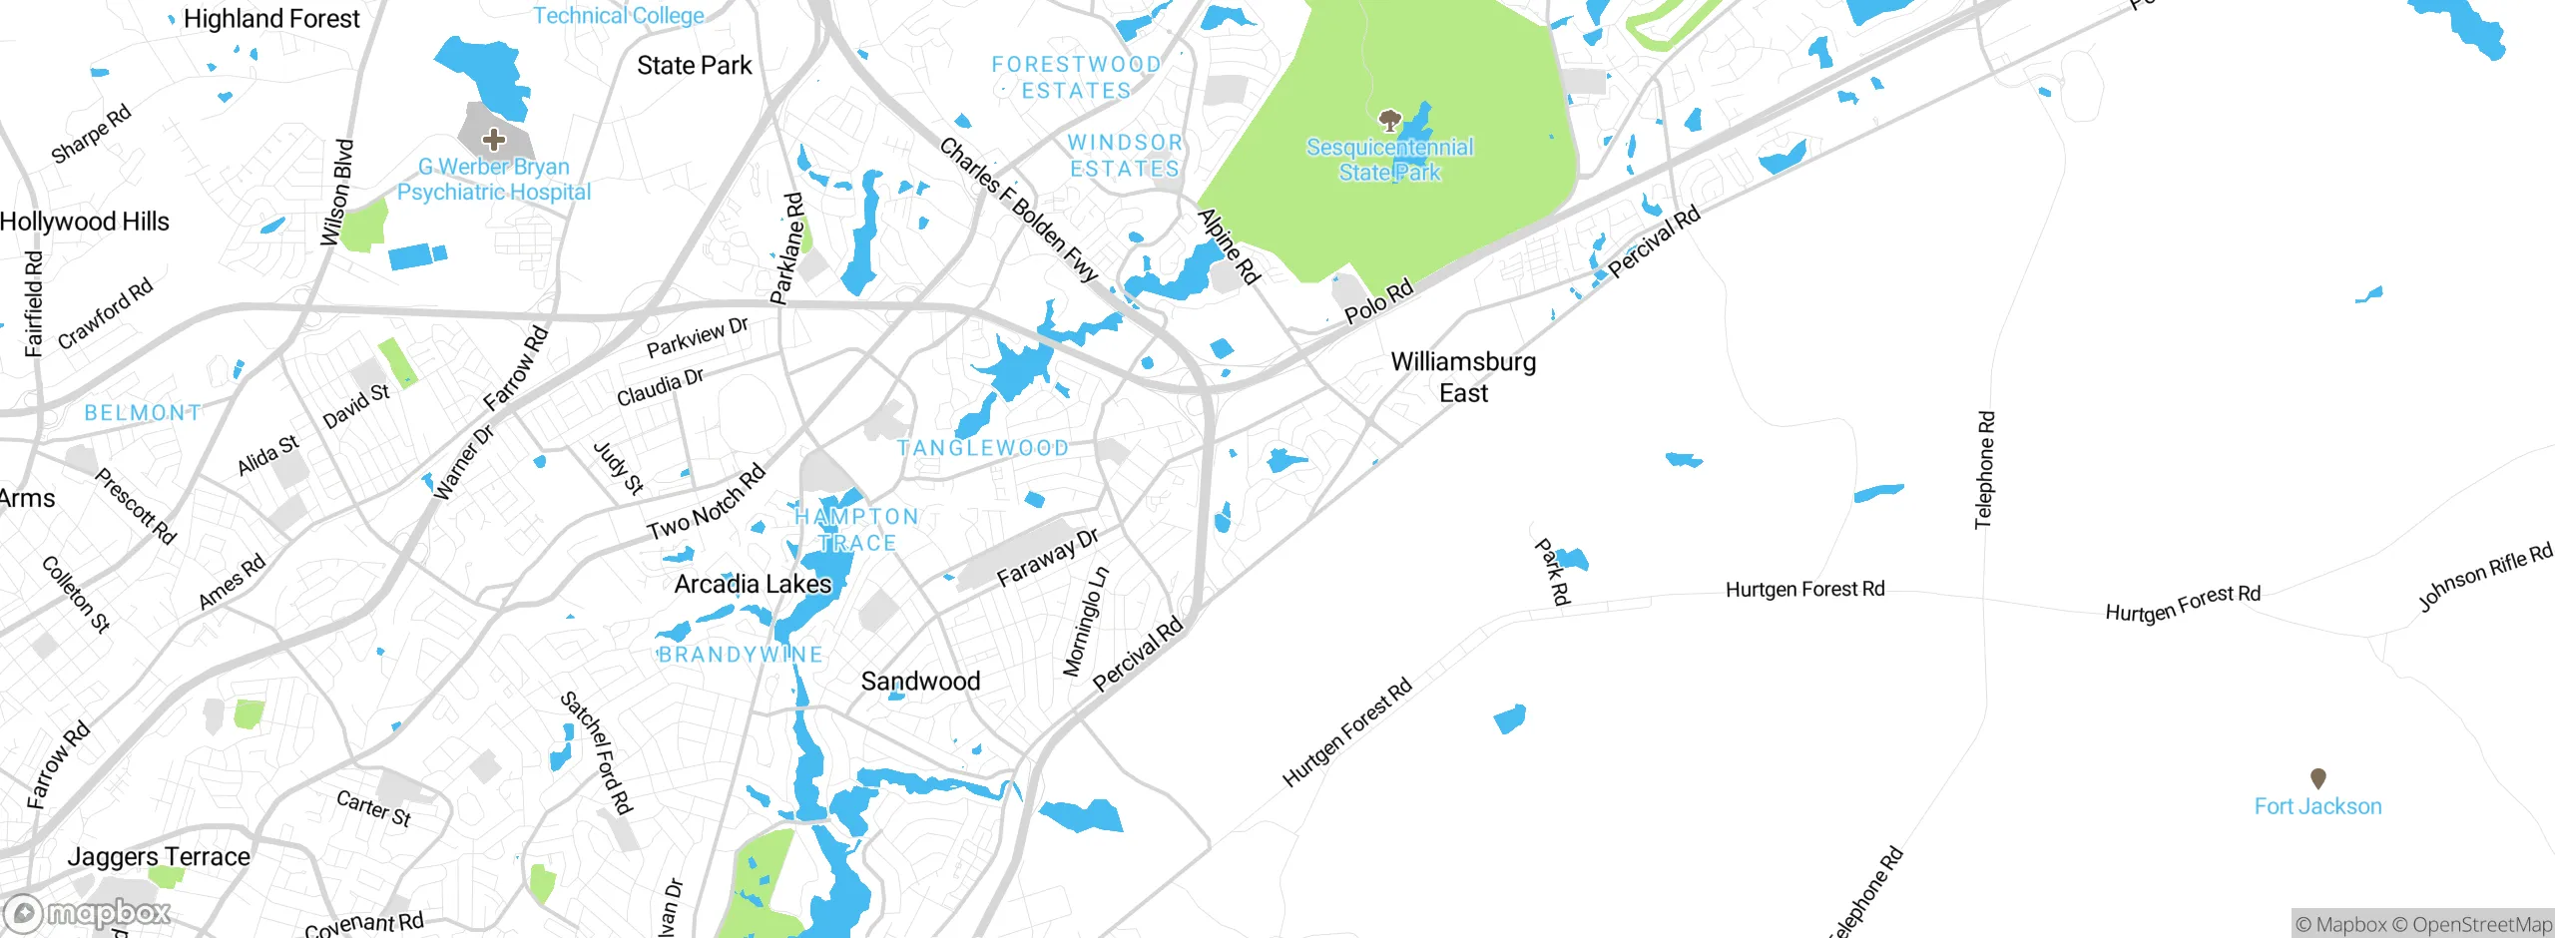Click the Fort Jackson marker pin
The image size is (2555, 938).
click(2317, 778)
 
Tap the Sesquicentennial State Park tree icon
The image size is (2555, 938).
click(1389, 121)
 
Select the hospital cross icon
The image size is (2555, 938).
click(493, 140)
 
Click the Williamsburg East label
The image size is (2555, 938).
click(1463, 377)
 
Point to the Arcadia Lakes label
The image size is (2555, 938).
click(753, 585)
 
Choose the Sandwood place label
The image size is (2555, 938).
click(920, 682)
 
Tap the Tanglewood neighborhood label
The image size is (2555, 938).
click(983, 448)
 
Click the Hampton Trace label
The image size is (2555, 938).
click(856, 530)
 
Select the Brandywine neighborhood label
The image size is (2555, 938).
click(740, 655)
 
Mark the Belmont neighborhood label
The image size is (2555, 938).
click(143, 412)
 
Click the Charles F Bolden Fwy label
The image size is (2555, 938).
click(1019, 210)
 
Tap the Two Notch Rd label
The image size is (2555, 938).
click(706, 503)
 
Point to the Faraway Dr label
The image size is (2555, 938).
click(1047, 558)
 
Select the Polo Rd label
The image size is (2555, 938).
click(1378, 301)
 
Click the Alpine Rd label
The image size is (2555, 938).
click(1229, 246)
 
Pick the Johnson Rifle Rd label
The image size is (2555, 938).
click(2484, 577)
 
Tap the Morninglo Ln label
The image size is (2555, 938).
click(1085, 623)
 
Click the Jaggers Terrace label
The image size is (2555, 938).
click(159, 856)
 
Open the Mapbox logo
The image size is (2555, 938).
click(87, 913)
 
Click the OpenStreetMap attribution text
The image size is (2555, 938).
click(2481, 925)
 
